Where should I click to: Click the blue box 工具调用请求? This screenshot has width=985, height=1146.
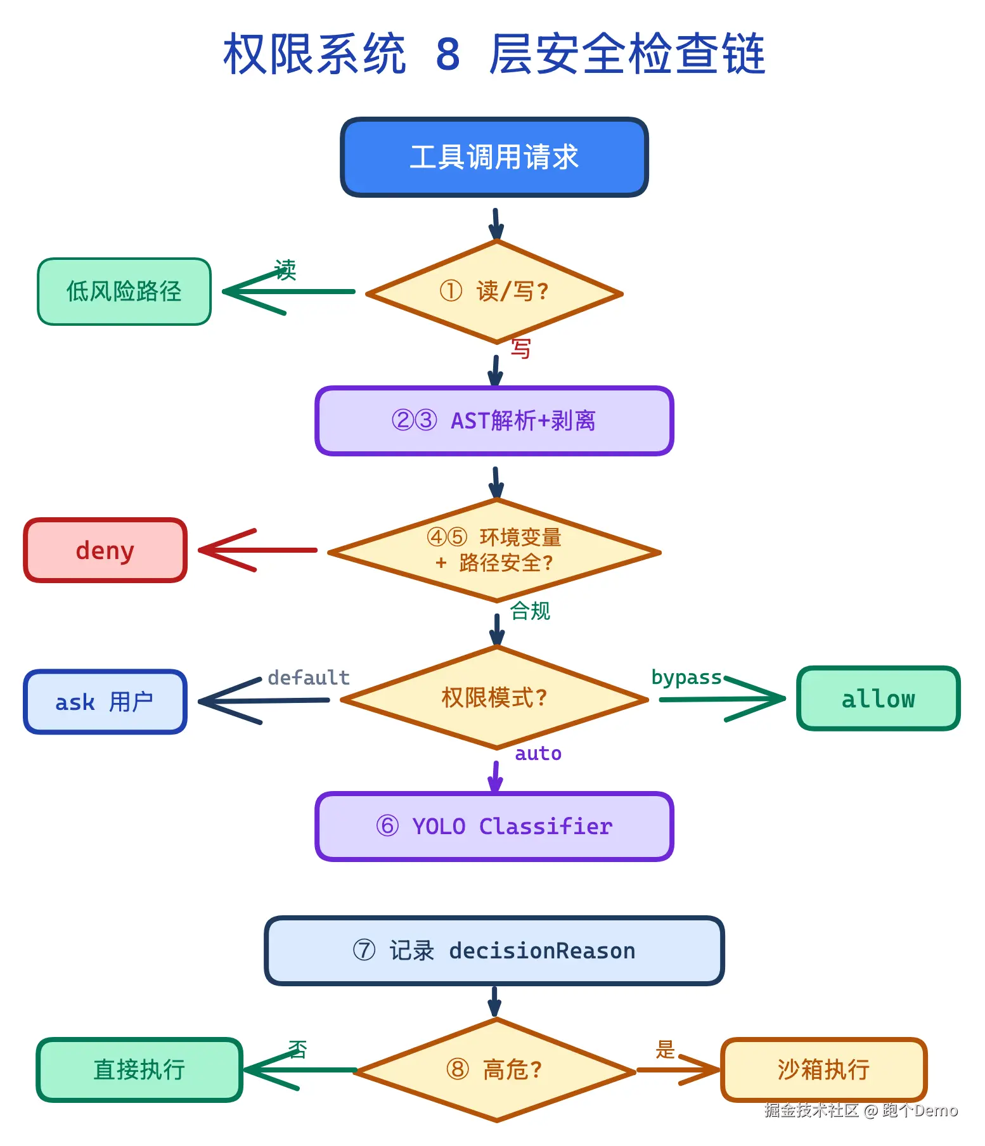coord(494,157)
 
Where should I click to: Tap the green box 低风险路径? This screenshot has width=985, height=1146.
coord(124,292)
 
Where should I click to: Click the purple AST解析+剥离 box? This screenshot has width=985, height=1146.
coord(494,421)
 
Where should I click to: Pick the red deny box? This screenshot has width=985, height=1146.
coord(105,550)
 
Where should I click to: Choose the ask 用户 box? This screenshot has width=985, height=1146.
coord(105,702)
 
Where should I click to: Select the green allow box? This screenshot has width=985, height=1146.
coord(878,699)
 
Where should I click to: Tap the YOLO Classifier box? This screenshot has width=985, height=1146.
coord(494,827)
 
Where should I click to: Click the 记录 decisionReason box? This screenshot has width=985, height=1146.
coord(494,951)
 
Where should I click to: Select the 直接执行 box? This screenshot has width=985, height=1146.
coord(139,1070)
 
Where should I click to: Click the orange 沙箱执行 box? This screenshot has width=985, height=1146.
coord(823,1070)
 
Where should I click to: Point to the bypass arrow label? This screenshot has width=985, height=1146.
coord(686,678)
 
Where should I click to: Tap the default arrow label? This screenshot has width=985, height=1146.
coord(309,678)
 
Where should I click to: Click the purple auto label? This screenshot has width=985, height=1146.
coord(538,754)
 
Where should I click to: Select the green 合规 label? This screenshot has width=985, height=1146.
coord(530,611)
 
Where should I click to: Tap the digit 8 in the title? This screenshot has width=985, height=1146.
coord(447,55)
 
